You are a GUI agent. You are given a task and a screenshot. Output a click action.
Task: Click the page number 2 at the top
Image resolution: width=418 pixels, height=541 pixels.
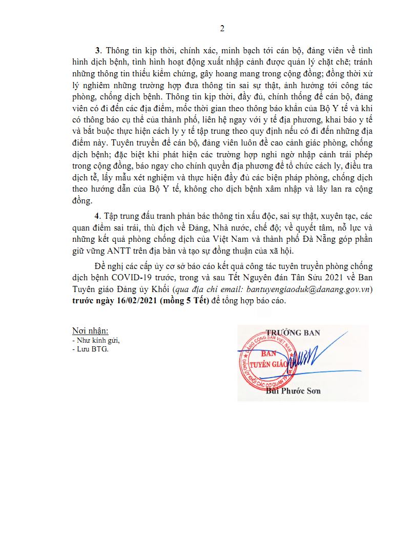point(222,29)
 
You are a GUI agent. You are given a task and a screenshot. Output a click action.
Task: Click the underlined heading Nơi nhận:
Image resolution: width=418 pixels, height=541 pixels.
point(90,331)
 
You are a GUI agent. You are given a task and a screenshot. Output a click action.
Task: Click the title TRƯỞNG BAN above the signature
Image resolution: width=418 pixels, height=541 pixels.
point(294,333)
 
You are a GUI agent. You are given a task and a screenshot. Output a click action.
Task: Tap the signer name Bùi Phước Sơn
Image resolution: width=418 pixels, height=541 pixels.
point(294,391)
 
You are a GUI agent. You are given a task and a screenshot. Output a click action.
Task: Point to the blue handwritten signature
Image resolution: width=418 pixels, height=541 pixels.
point(307,356)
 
